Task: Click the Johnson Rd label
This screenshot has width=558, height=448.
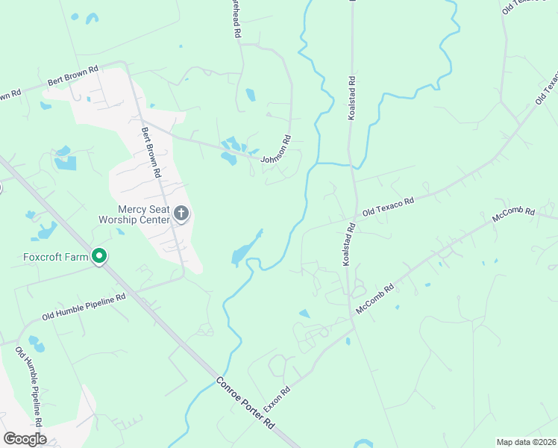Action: pos(275,149)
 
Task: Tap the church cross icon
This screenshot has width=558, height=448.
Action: pos(181,214)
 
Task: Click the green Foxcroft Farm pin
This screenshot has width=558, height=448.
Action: pos(99,257)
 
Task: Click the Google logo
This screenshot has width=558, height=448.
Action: pos(25,439)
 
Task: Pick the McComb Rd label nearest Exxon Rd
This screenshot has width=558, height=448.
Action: pos(374,297)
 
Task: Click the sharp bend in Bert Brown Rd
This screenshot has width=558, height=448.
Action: pos(125,64)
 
